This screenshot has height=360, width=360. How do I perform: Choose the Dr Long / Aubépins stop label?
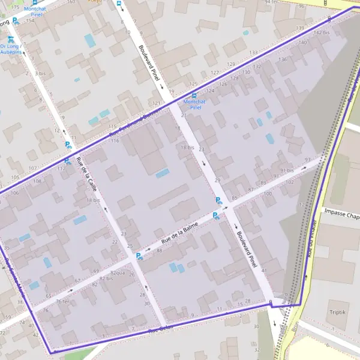pos(11,49)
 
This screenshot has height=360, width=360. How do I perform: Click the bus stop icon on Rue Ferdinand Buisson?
pos(193,95)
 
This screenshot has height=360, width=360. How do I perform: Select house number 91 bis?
pos(286,170)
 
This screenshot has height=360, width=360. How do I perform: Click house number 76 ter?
pos(61,302)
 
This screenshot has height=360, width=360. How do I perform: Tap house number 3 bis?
pos(40,73)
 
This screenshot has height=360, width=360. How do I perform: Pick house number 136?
pos(282,59)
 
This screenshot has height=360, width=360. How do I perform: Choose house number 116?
pos(115,140)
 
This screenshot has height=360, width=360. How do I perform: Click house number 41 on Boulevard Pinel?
pos(263,271)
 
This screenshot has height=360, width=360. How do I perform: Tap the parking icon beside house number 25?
pos(139,256)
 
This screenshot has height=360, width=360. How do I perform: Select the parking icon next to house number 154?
pos(16,20)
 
